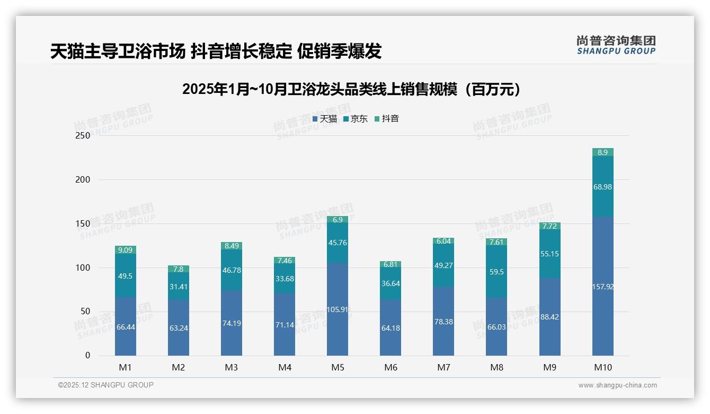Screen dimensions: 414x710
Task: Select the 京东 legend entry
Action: pyautogui.click(x=356, y=119)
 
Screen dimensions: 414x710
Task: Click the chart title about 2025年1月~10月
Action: pyautogui.click(x=351, y=89)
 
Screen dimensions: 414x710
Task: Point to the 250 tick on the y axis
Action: pyautogui.click(x=83, y=136)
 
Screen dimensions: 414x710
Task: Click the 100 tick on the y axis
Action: pyautogui.click(x=83, y=268)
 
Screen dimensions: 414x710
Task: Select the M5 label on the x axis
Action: pyautogui.click(x=338, y=367)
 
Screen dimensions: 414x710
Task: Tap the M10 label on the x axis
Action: pyautogui.click(x=602, y=367)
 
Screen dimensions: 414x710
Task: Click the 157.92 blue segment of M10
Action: pyautogui.click(x=602, y=287)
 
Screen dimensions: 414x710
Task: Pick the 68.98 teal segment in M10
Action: pyautogui.click(x=602, y=187)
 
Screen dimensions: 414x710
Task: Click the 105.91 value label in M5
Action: pyautogui.click(x=338, y=309)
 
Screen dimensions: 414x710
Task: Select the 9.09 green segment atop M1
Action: pyautogui.click(x=126, y=250)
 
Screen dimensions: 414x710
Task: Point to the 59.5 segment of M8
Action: pyautogui.click(x=496, y=272)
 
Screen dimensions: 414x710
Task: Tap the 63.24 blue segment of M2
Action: pyautogui.click(x=179, y=328)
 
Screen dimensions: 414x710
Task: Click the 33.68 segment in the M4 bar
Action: pyautogui.click(x=285, y=279)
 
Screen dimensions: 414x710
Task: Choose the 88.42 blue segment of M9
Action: pyautogui.click(x=549, y=317)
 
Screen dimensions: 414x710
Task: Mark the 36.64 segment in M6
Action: pyautogui.click(x=390, y=283)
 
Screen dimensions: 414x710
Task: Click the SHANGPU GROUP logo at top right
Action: pyautogui.click(x=616, y=45)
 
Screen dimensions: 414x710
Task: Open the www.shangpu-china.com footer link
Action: pyautogui.click(x=617, y=385)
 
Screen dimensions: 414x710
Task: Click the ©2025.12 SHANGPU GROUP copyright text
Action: pyautogui.click(x=106, y=385)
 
